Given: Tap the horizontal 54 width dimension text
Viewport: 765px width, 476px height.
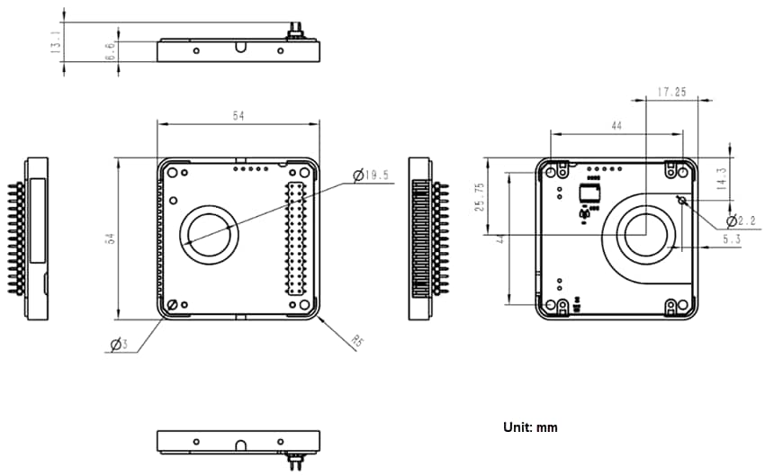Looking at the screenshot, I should point(238,116).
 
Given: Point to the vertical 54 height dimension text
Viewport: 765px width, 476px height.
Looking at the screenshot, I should point(109,238).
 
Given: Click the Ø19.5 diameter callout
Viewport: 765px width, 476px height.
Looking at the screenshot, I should point(371,175).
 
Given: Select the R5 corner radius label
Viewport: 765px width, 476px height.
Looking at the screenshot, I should point(357,341).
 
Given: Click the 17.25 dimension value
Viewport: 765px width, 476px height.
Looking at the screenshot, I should point(672,92).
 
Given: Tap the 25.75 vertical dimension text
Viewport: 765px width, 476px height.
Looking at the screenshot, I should point(480,197).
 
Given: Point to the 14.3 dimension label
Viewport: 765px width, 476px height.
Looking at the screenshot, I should point(720,177).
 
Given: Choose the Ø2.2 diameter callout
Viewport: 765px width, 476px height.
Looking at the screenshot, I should point(742,220).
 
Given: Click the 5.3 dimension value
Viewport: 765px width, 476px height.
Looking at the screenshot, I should point(732,240).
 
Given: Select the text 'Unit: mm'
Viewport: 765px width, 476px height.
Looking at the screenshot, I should point(530,427).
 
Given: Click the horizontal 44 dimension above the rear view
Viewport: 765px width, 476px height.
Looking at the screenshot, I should point(616,127).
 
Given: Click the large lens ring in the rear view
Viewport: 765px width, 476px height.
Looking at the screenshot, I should point(644,233).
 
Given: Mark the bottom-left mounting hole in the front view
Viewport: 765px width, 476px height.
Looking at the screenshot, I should point(172,305).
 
